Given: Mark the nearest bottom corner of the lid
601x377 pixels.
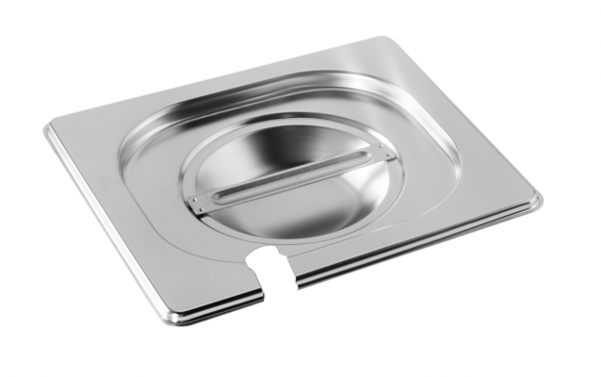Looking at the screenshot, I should tap(171, 318).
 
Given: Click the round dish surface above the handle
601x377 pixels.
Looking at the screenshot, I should tap(273, 156).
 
